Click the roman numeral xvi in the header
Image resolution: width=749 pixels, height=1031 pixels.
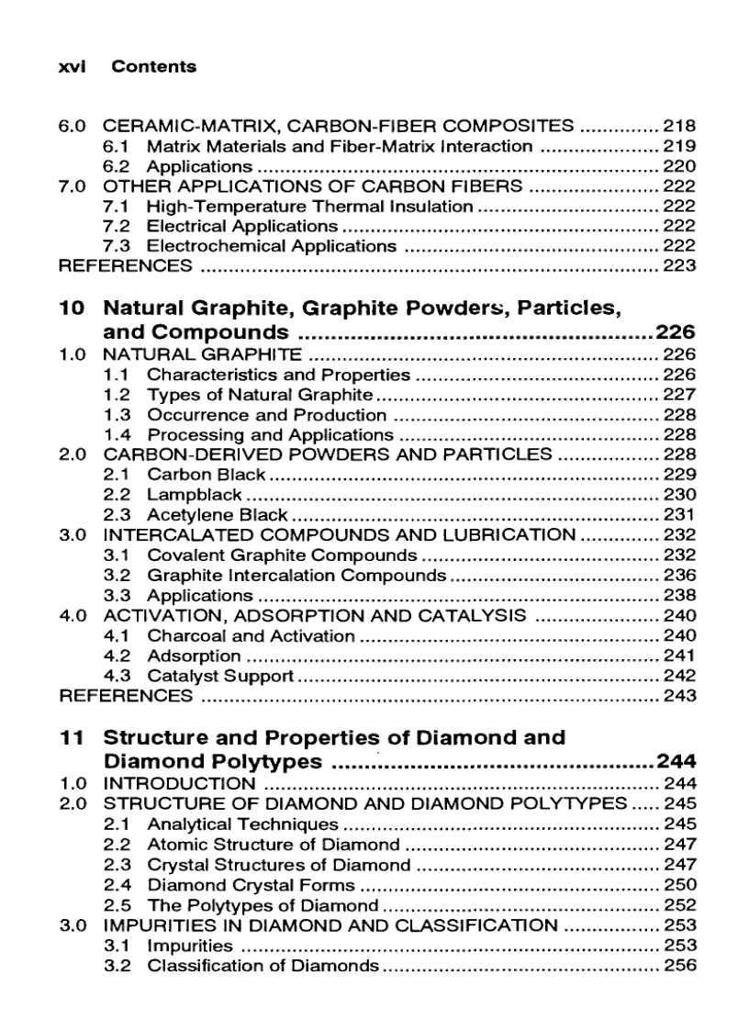pos(72,66)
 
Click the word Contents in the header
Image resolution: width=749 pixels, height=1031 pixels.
pos(153,66)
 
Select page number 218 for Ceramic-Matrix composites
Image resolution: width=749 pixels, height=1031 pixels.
pos(679,126)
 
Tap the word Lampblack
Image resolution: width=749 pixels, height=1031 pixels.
pos(195,495)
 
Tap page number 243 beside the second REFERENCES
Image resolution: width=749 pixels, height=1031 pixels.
pos(679,696)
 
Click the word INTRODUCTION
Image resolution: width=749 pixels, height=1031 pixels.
pos(179,784)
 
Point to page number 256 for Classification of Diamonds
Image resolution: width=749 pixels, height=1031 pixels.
pos(679,966)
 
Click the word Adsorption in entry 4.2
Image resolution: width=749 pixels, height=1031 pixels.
pos(194,656)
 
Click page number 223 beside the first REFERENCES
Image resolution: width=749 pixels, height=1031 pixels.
pos(679,266)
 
